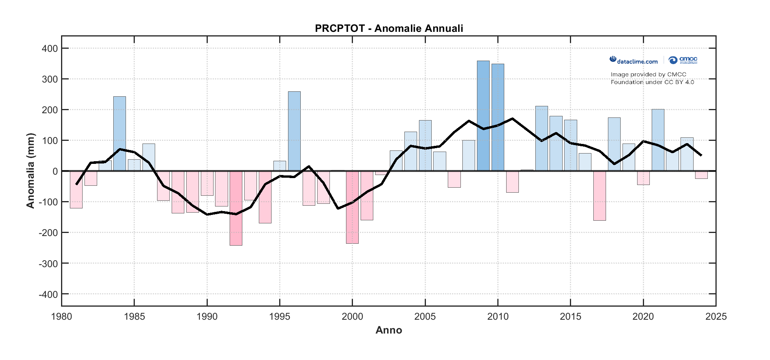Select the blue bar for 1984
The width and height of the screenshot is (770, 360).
coord(119,134)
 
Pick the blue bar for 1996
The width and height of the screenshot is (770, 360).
coord(294,131)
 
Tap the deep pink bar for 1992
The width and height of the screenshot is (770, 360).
coord(236,208)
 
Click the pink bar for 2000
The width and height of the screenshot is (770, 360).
coord(352,207)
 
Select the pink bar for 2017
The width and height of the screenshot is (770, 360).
coord(599,196)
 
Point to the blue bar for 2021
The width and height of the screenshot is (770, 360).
coord(658,140)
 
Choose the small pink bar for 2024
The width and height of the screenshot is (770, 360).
coord(701,175)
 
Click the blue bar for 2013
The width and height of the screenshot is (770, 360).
coord(541,139)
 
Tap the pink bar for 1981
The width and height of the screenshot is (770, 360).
coord(76,190)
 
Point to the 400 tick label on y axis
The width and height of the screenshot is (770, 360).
coord(50,48)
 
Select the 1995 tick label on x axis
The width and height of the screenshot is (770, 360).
coord(280,317)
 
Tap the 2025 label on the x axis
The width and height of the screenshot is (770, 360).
coord(716,317)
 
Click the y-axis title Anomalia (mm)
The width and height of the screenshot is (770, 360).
coord(30,171)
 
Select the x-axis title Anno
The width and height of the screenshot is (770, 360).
coord(389,330)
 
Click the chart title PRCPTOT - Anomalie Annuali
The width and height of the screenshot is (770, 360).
coord(389,28)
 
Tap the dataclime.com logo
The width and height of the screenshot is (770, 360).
coord(634,61)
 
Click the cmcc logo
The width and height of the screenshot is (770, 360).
coord(683,60)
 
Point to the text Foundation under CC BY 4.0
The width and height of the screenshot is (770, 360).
coord(652,82)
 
